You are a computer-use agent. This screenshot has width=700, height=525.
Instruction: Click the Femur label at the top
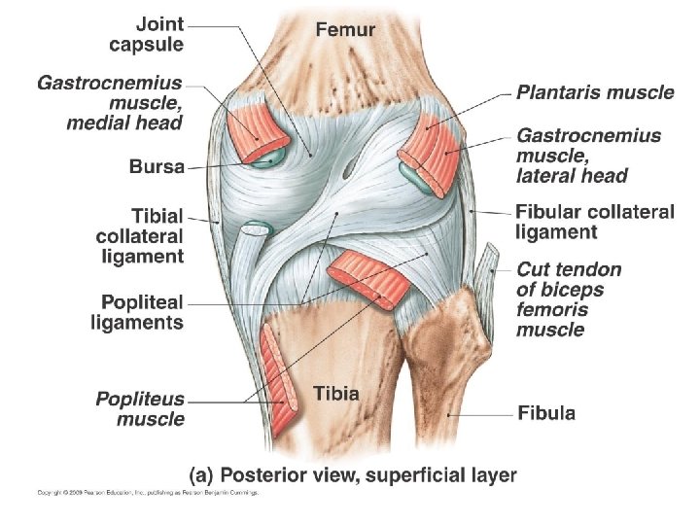tap(345, 29)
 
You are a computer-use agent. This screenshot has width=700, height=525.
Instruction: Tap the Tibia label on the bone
tap(336, 394)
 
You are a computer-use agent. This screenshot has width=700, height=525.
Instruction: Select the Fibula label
tap(546, 412)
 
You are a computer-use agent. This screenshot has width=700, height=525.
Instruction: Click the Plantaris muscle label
tap(595, 93)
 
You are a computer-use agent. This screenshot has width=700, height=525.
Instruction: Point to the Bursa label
tap(157, 166)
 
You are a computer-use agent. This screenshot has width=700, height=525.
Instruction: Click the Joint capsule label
tap(146, 32)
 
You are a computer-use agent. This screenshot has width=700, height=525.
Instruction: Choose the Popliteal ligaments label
tap(137, 312)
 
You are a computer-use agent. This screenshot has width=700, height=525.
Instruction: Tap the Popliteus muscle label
tap(140, 408)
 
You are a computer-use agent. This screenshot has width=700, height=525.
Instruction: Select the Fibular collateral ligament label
tap(594, 222)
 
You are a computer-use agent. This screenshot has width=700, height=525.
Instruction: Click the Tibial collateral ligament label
tap(140, 234)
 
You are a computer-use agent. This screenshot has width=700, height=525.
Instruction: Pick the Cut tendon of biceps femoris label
tap(569, 298)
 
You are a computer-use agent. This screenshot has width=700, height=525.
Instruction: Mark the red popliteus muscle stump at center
tap(367, 278)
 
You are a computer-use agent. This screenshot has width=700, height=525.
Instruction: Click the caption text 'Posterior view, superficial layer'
tap(352, 474)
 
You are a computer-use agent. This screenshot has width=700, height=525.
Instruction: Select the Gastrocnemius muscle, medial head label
tap(111, 103)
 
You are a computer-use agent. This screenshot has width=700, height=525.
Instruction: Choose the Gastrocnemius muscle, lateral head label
tap(588, 156)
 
